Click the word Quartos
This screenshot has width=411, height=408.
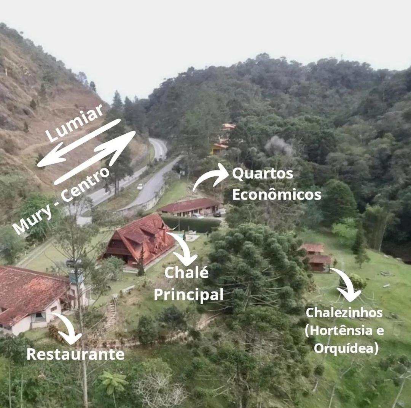pos(262,174)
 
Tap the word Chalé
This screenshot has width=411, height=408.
pos(186,272)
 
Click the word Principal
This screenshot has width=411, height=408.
pos(188,294)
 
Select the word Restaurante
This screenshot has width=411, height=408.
pos(75,354)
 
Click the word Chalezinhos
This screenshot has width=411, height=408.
pos(344,313)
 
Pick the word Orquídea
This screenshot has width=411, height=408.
pos(346,348)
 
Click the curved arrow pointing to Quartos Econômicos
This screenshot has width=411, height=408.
pos(209,175)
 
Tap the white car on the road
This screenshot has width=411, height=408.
pos(140,186)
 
